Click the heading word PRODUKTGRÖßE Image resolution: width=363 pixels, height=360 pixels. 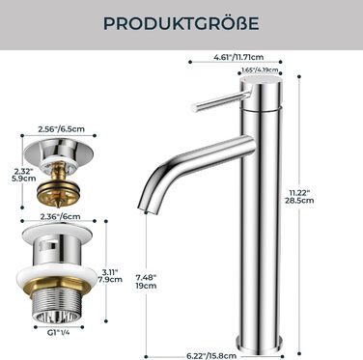pyautogui.click(x=181, y=23)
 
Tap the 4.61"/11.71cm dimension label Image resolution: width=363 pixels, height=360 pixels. pyautogui.click(x=238, y=57)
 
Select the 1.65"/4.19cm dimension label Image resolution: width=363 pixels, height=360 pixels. pyautogui.click(x=260, y=69)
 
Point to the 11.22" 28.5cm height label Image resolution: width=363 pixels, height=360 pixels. pyautogui.click(x=301, y=197)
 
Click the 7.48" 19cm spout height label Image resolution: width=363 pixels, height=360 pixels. pyautogui.click(x=146, y=281)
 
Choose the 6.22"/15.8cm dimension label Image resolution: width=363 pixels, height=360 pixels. pyautogui.click(x=211, y=355)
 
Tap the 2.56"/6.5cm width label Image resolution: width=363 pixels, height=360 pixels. pyautogui.click(x=62, y=129)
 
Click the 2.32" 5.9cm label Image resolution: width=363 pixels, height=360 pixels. pyautogui.click(x=24, y=175)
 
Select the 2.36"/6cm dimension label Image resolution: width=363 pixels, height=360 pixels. pyautogui.click(x=61, y=216)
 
